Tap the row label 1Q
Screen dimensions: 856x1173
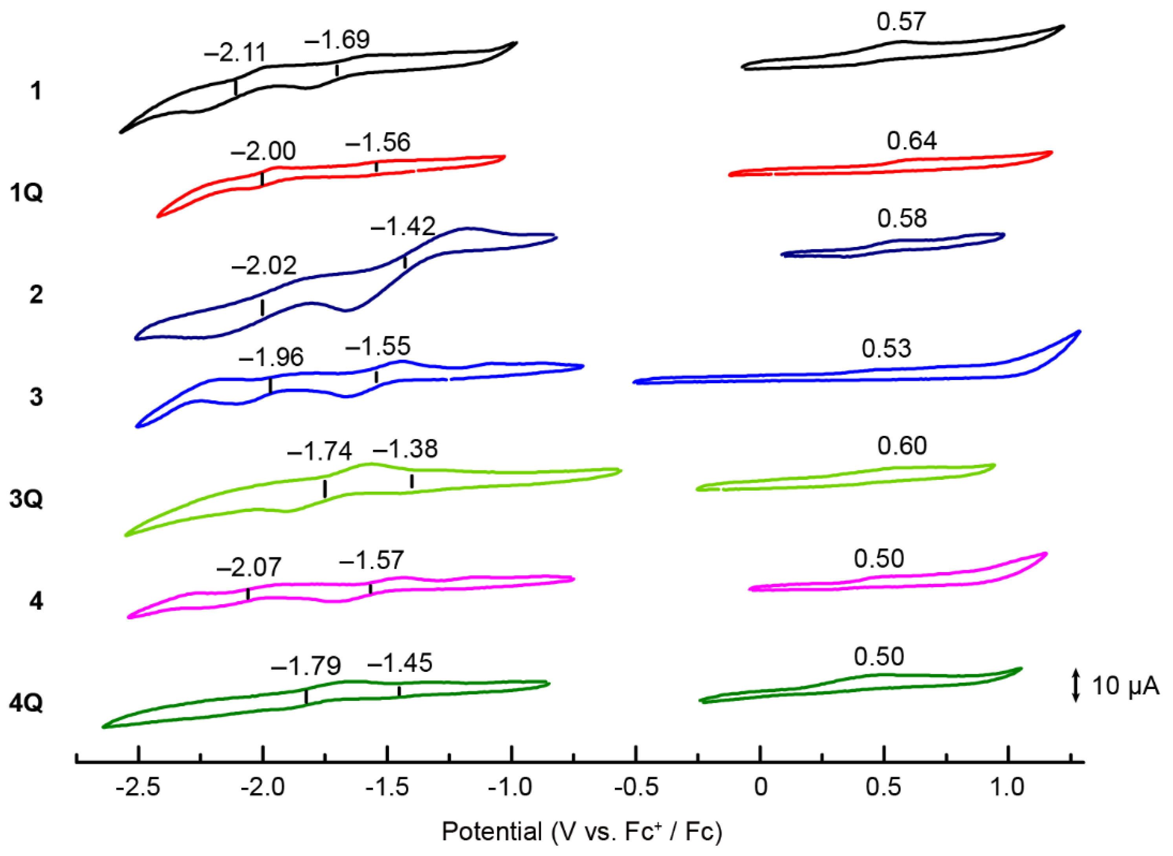pyautogui.click(x=26, y=193)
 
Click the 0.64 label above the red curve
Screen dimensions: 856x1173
pyautogui.click(x=912, y=141)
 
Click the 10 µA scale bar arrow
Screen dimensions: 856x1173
pyautogui.click(x=1076, y=686)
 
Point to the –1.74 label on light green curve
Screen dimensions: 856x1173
pyautogui.click(x=319, y=451)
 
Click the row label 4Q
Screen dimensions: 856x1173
pyautogui.click(x=26, y=704)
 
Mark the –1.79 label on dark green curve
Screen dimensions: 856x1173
pyautogui.click(x=306, y=666)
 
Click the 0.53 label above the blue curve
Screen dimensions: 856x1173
pyautogui.click(x=886, y=349)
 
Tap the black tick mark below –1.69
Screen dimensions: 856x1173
pyautogui.click(x=337, y=70)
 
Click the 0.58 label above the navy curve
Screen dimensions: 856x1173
pyautogui.click(x=902, y=219)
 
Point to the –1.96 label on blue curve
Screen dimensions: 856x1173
pyautogui.click(x=271, y=358)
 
